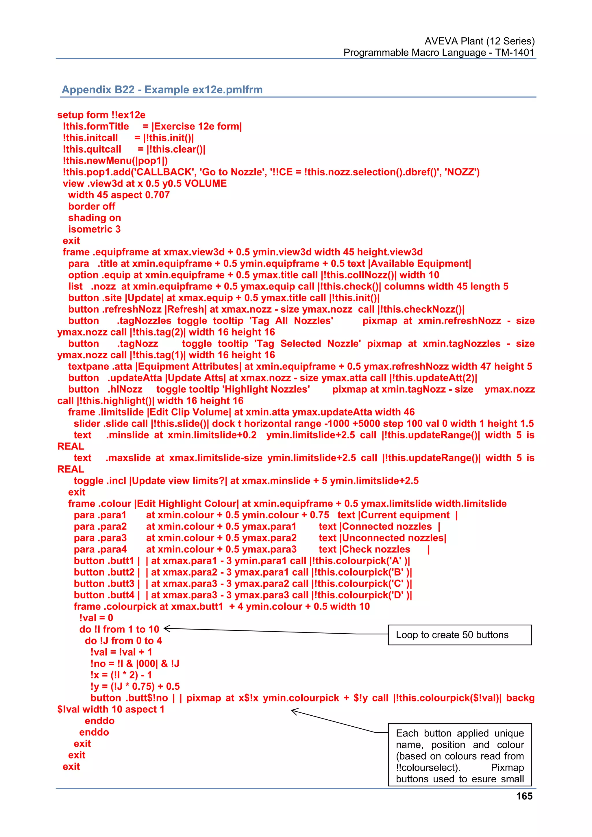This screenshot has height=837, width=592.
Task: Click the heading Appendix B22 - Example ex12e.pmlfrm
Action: (162, 90)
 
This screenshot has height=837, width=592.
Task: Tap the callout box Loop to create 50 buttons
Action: (460, 635)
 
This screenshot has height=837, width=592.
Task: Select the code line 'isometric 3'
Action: (94, 229)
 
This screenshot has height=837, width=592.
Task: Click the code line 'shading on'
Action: (95, 218)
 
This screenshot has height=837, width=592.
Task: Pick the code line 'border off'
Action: (92, 206)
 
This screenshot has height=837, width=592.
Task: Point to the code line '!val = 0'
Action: (96, 618)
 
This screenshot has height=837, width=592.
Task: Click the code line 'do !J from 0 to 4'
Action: (123, 641)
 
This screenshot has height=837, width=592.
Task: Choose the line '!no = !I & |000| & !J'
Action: (135, 663)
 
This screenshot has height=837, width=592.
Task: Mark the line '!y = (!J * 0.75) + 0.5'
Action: (135, 686)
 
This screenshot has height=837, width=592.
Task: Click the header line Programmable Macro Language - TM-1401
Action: (439, 53)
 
